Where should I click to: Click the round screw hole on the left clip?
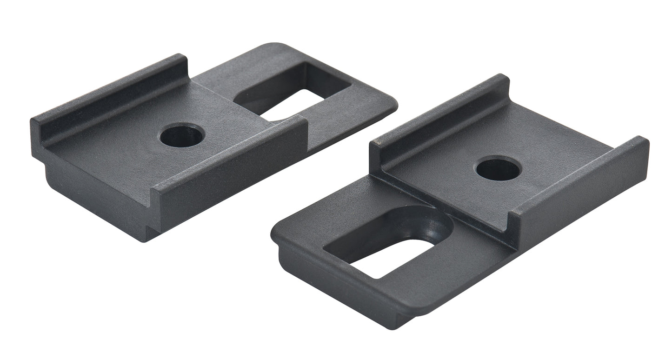(182, 135)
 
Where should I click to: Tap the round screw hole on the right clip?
(498, 168)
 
